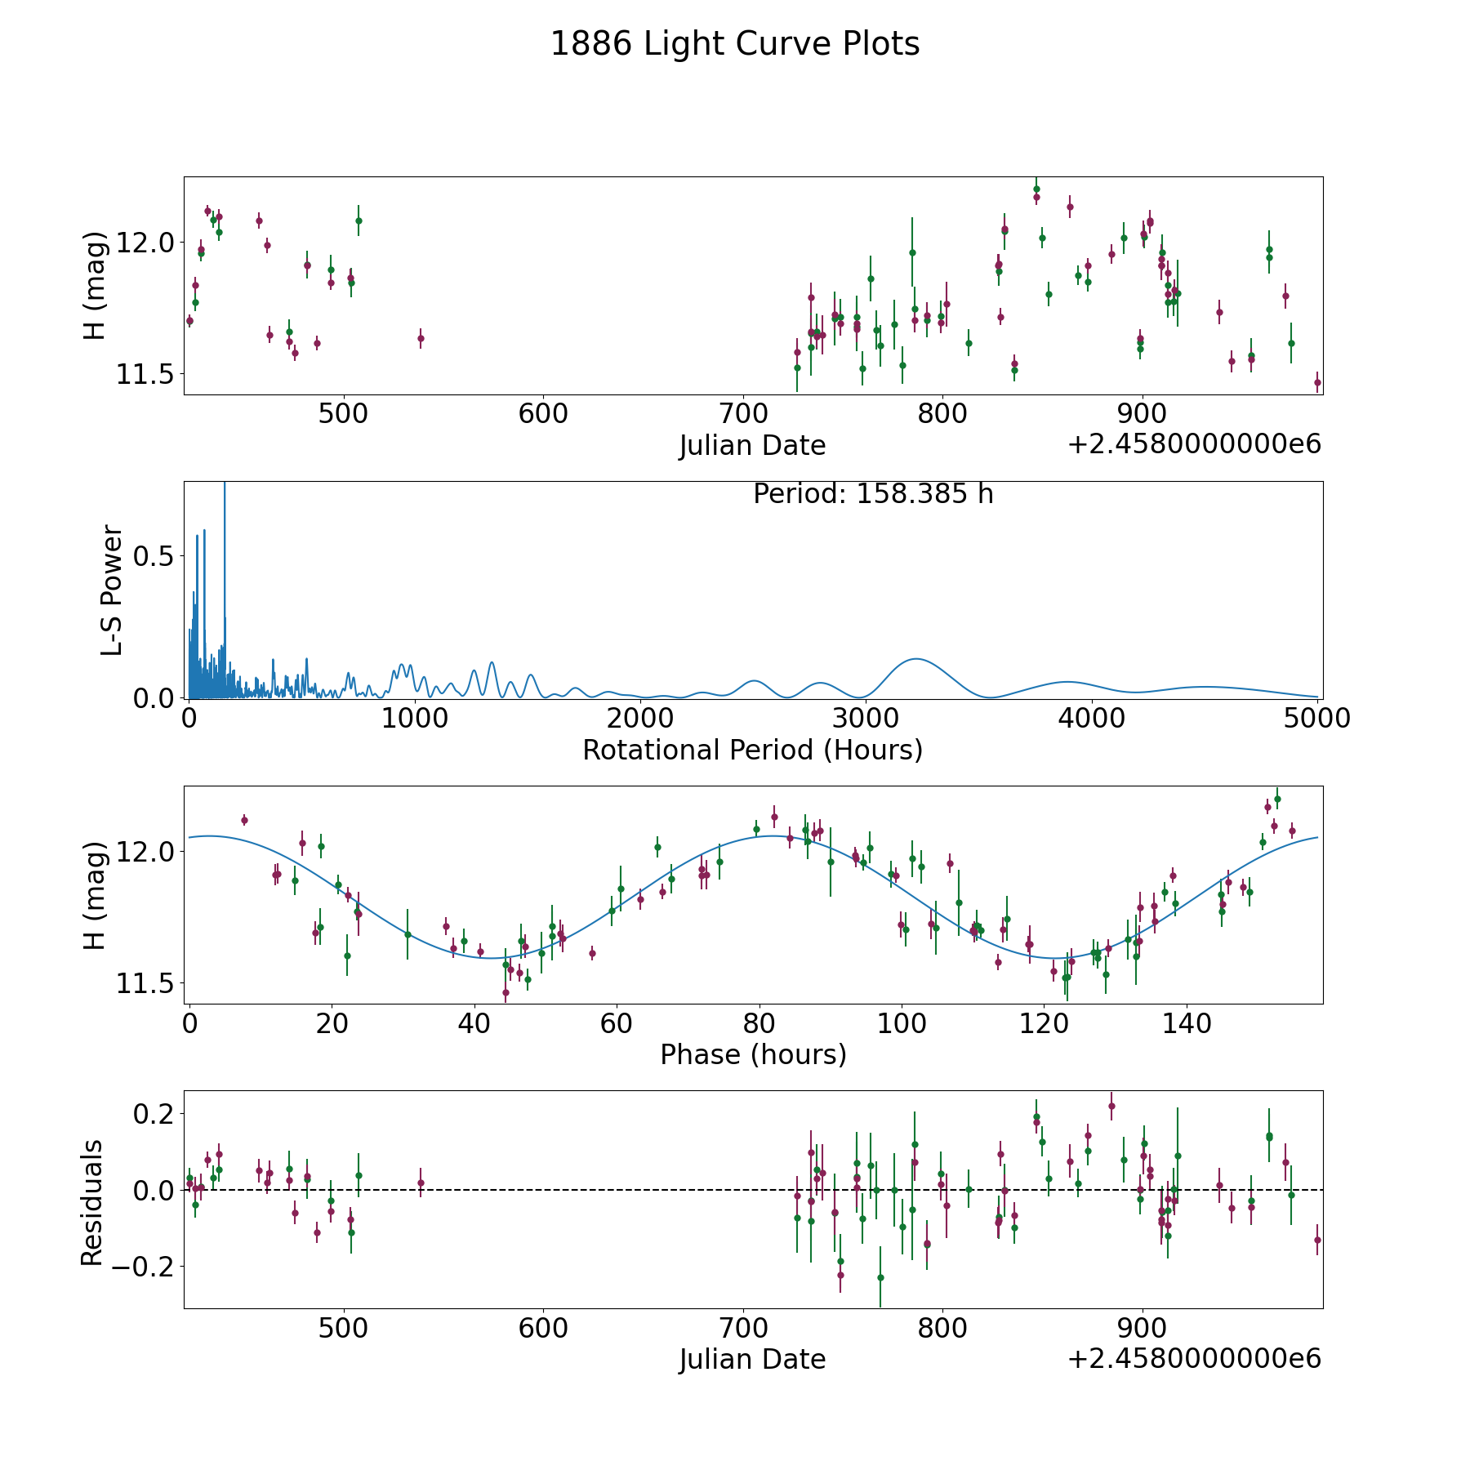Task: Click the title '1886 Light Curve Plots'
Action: (x=735, y=44)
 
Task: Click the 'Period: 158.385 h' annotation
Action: (x=873, y=494)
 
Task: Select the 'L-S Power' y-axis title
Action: (x=112, y=590)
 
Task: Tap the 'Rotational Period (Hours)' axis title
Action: (x=752, y=750)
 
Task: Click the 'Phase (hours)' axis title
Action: (x=753, y=1054)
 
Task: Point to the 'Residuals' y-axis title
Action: (x=92, y=1202)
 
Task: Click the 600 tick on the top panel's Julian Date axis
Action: (x=543, y=414)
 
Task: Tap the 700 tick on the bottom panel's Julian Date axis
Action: (x=742, y=1328)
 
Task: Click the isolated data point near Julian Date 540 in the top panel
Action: (x=421, y=338)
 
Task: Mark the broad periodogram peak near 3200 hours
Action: (x=916, y=659)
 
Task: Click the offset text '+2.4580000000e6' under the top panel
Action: (x=1194, y=445)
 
